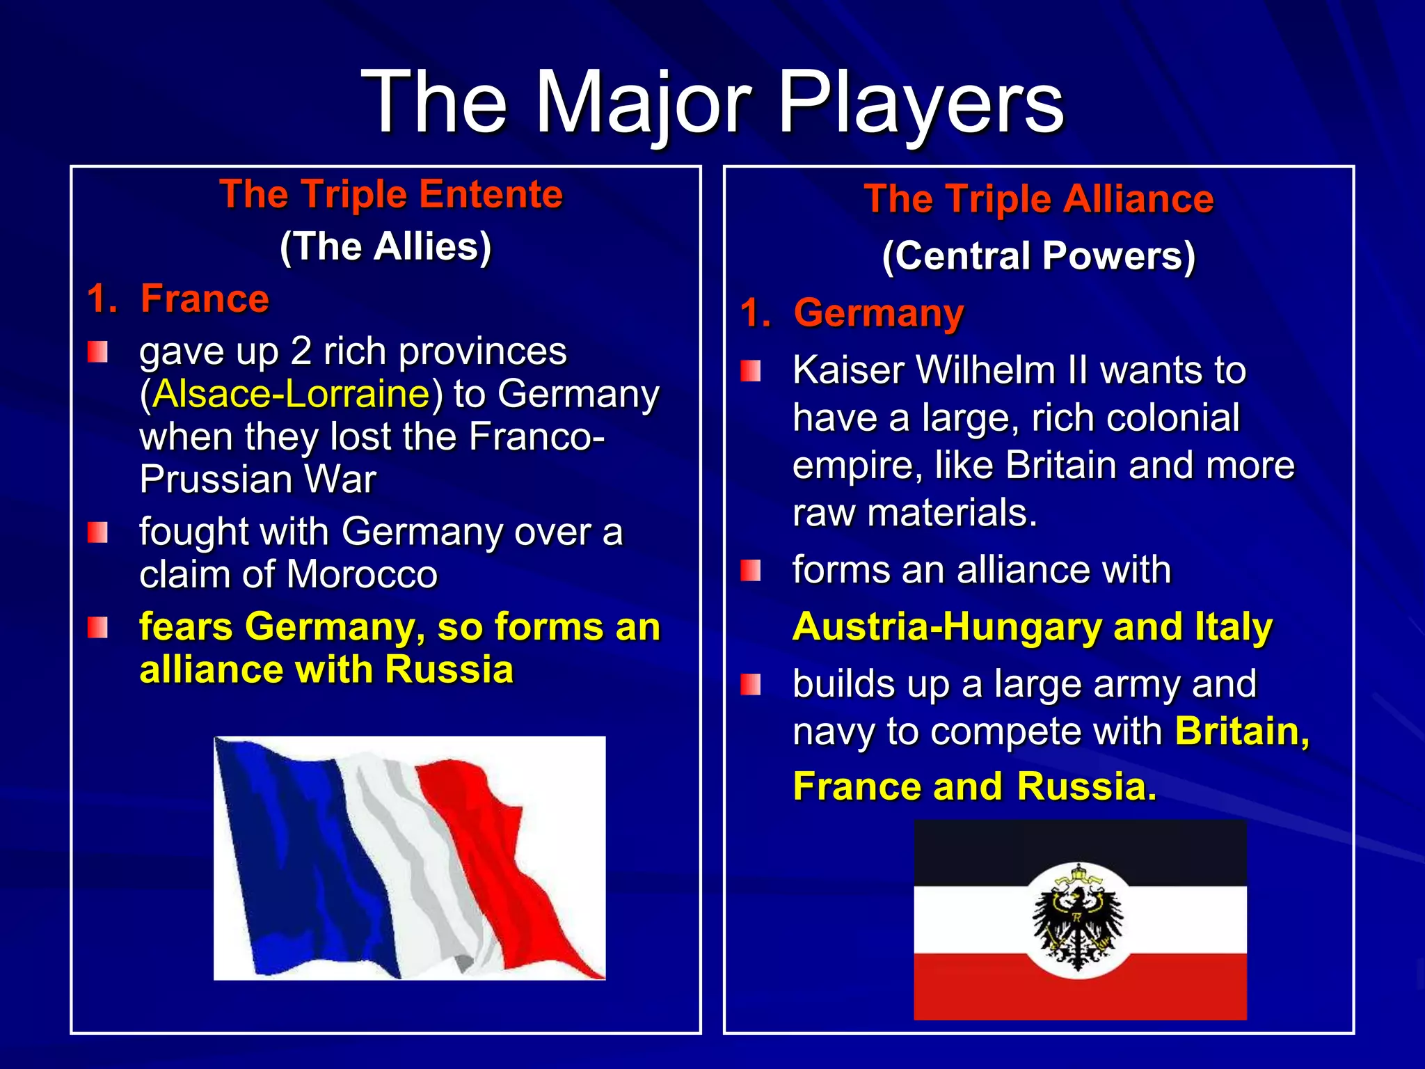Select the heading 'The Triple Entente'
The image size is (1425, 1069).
tap(391, 193)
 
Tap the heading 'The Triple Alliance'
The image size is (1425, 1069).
tap(1039, 199)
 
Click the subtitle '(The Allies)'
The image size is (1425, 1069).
tap(385, 246)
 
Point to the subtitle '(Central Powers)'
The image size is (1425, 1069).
tap(1039, 255)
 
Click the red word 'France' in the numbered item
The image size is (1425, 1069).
tap(205, 299)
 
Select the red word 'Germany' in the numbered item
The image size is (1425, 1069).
tap(879, 313)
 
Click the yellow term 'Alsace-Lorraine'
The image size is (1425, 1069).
tap(292, 394)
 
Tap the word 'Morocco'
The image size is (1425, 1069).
tap(362, 575)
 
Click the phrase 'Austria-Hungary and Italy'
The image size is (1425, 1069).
tap(1033, 626)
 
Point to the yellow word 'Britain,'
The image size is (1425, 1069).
tap(1243, 731)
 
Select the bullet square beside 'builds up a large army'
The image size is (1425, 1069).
tap(751, 685)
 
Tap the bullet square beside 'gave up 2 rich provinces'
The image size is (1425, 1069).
tap(97, 352)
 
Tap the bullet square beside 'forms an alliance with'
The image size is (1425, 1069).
tap(751, 571)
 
